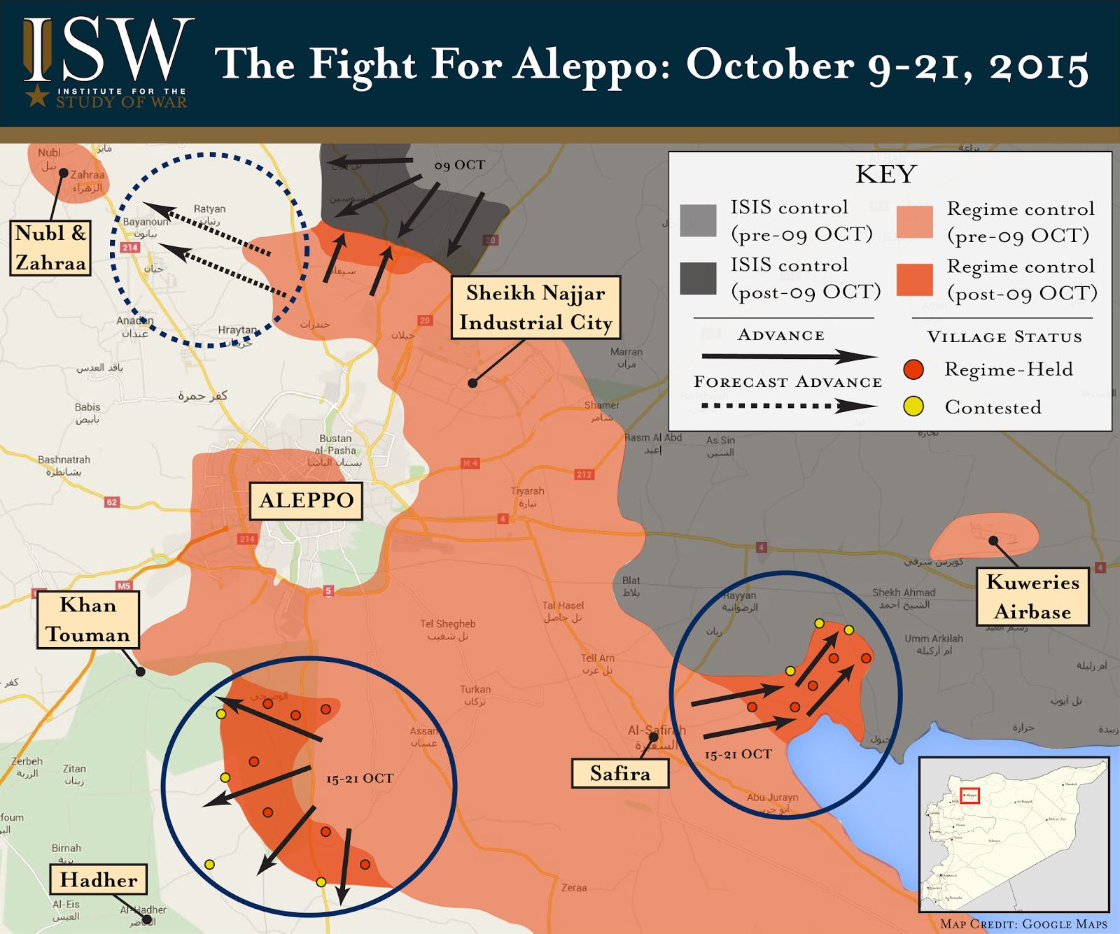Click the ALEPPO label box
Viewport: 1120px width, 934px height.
coord(306,500)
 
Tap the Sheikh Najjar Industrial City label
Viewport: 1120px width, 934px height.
coord(535,308)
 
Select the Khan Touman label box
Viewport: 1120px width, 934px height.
coord(88,620)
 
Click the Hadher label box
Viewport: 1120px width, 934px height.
coord(99,879)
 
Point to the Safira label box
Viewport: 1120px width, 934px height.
coord(620,773)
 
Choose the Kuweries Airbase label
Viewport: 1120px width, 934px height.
coord(1032,597)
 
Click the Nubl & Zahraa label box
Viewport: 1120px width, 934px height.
coord(50,248)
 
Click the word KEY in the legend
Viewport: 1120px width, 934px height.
coord(886,174)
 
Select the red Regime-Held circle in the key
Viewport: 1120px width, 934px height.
coord(913,369)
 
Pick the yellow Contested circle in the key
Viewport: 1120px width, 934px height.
coord(913,406)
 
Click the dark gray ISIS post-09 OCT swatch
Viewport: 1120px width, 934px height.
coord(698,278)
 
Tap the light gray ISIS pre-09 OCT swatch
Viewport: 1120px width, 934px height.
coord(698,221)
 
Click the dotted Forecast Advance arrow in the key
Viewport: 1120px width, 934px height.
coord(787,406)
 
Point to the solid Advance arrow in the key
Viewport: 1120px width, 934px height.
coord(787,357)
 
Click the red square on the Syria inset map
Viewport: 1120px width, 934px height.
coord(970,795)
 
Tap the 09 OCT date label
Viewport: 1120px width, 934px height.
coord(459,165)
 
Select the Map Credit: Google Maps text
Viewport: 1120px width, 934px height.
coord(1023,924)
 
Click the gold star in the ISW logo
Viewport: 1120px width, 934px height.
coord(37,96)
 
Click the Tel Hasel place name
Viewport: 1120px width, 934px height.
coord(562,606)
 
